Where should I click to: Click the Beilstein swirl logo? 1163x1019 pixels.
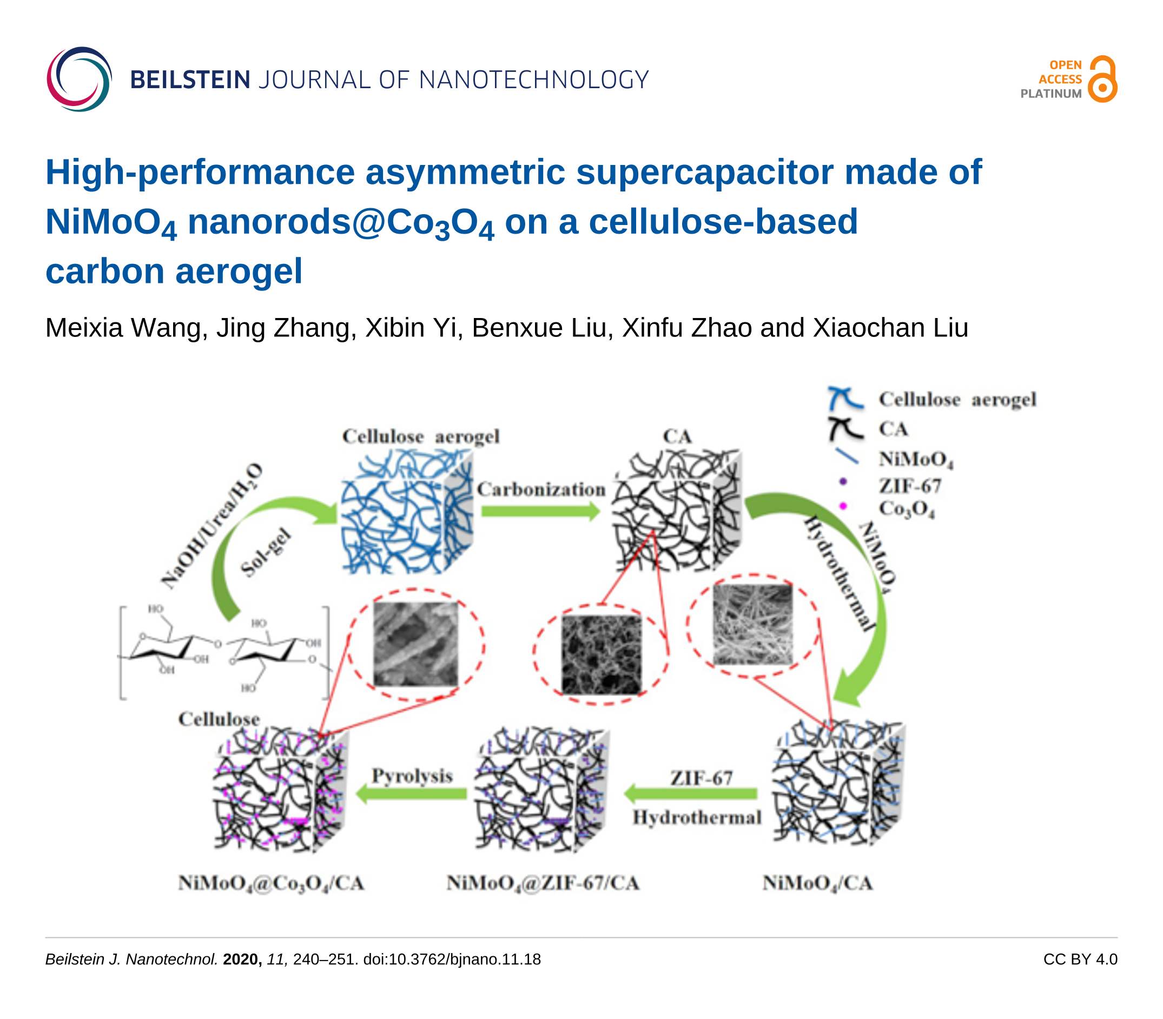[x=79, y=79]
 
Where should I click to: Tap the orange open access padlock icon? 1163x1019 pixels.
[x=1102, y=80]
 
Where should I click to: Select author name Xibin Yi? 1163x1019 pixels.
[x=411, y=328]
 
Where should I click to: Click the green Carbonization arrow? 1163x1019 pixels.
[x=540, y=511]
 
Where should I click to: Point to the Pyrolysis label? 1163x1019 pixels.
[x=412, y=776]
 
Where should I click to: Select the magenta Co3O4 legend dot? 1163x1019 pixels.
[x=843, y=506]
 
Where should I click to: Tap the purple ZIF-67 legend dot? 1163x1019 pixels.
[x=843, y=482]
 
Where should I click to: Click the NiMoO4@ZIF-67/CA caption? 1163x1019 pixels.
[x=543, y=883]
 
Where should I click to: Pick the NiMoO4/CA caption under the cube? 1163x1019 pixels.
[x=817, y=883]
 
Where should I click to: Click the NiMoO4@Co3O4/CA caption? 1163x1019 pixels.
[x=271, y=883]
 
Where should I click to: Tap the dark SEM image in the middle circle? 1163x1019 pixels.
[x=601, y=654]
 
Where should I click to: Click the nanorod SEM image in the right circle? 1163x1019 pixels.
[x=752, y=624]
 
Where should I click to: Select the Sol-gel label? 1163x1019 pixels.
[x=266, y=553]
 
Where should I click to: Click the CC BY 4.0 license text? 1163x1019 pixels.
[x=1080, y=960]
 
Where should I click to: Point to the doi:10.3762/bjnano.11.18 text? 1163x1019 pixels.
[x=452, y=960]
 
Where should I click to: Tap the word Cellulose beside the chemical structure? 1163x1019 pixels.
[x=219, y=719]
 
